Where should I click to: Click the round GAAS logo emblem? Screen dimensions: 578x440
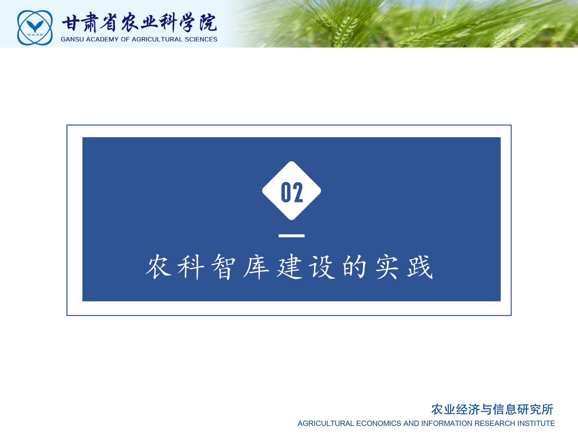[x=35, y=28]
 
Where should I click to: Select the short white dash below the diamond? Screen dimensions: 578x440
[x=291, y=236]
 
